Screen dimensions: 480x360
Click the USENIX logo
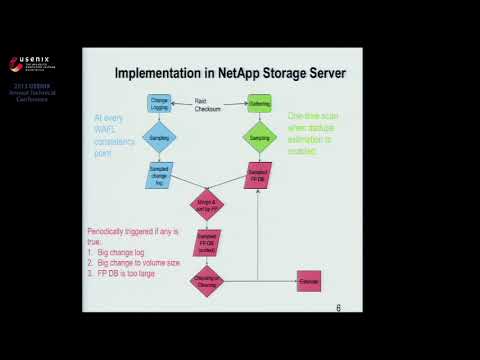[x=31, y=65]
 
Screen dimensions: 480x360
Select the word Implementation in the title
[x=163, y=73]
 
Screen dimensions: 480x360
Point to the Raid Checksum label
[x=207, y=104]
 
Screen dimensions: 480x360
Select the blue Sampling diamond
[x=159, y=136]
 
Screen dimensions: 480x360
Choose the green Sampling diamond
[x=258, y=136]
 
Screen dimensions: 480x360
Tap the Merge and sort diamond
[x=208, y=205]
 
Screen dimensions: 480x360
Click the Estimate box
[x=308, y=281]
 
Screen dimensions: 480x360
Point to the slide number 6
[x=338, y=308]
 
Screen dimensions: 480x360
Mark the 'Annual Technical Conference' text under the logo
[x=32, y=94]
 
